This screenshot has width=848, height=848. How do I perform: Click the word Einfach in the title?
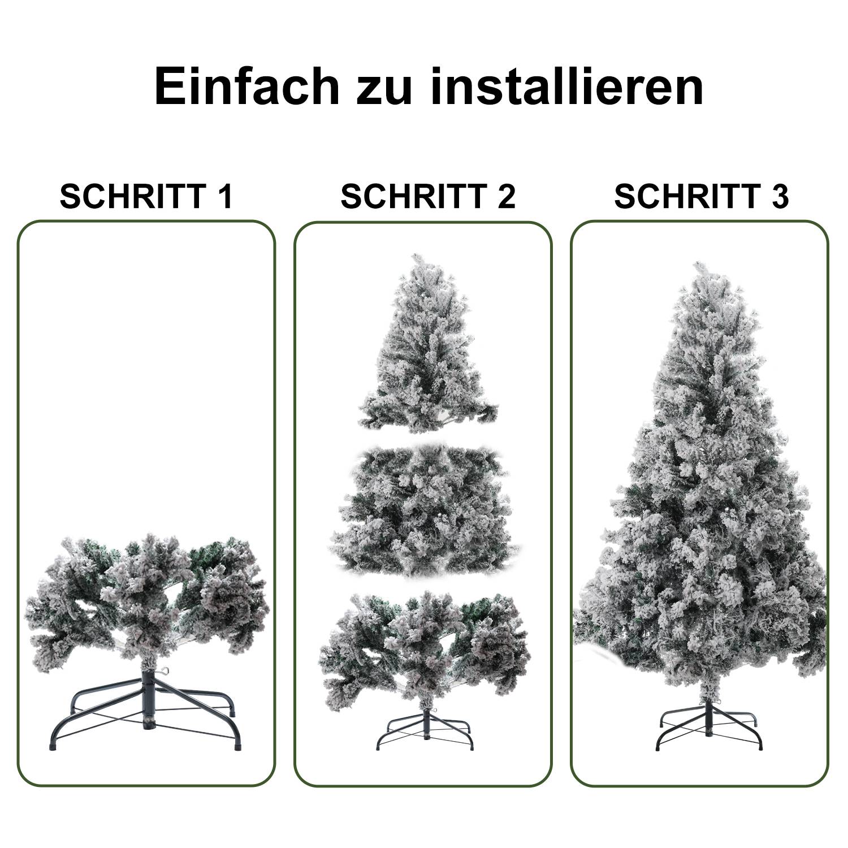coord(246,86)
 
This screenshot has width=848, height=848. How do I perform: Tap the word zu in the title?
coord(384,86)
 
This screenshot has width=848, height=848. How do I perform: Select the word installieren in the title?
coord(567,86)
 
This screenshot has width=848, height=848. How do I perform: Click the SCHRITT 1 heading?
coord(146,196)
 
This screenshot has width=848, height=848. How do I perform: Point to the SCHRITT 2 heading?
coord(428,196)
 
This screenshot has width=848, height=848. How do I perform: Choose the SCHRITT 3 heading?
coord(701,196)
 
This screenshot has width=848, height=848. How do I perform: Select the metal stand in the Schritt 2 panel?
coord(424,729)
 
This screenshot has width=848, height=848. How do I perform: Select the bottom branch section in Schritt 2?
coord(424,644)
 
